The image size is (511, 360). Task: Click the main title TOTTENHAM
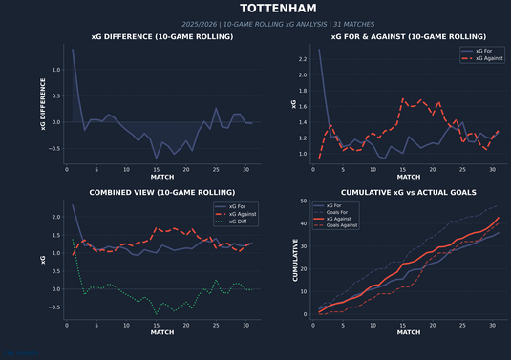255,9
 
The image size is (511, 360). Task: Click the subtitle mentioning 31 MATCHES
255,24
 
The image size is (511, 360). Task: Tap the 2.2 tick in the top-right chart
302,59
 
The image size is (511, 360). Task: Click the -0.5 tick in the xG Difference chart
54,148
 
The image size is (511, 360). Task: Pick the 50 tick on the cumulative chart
303,202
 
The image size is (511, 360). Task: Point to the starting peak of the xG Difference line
73,50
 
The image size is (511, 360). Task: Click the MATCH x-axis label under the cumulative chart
408,332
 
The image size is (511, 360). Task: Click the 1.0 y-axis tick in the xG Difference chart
54,70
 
